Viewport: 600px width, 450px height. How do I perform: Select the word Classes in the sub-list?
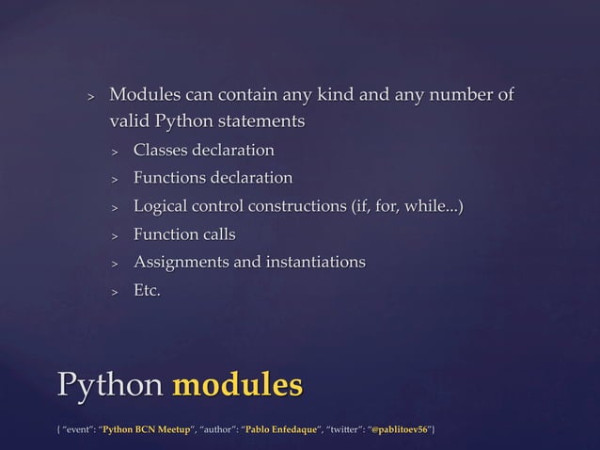[x=161, y=151]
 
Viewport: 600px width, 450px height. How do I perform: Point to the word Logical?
[x=163, y=206]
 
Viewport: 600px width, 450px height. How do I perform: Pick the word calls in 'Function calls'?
[x=215, y=234]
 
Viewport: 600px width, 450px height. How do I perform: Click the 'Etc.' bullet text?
[x=147, y=291]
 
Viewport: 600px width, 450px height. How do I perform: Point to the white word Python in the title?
[x=109, y=386]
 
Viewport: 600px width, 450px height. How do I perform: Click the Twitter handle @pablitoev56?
[x=401, y=430]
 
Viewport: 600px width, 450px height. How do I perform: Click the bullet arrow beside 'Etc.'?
[x=114, y=292]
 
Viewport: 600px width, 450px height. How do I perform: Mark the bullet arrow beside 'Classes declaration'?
[x=114, y=152]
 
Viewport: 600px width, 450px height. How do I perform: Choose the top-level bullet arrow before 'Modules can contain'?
[x=90, y=97]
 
